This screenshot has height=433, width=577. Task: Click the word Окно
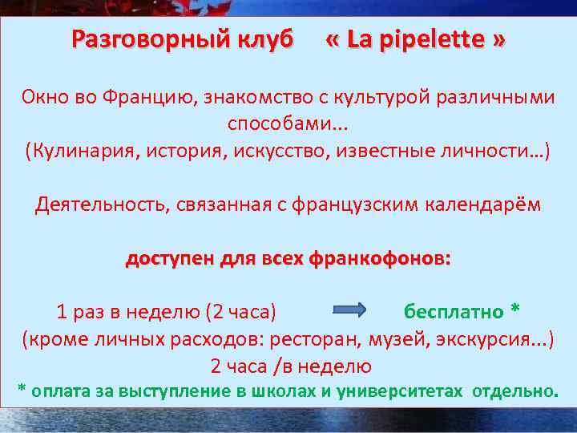(49, 99)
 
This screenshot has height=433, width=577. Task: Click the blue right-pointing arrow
(348, 310)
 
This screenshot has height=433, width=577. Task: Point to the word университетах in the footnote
(398, 391)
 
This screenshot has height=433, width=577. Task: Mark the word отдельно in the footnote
(514, 391)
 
